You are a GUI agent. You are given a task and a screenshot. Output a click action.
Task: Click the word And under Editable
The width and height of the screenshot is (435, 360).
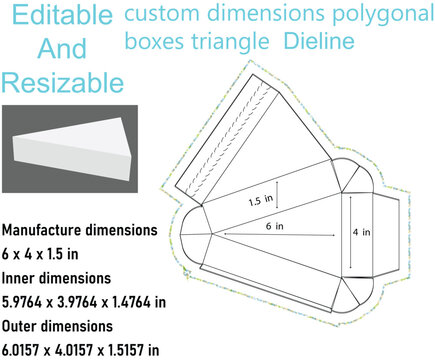click(x=62, y=49)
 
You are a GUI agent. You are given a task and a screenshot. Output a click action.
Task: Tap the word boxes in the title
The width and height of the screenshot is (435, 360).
click(x=157, y=42)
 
